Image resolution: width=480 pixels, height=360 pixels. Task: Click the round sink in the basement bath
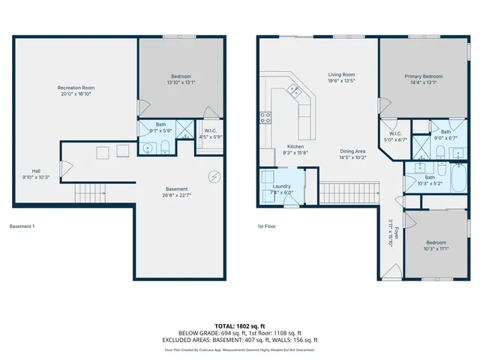[148, 148]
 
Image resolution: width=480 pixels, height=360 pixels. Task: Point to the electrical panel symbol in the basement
[215, 177]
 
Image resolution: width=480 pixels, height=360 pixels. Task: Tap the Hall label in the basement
[36, 170]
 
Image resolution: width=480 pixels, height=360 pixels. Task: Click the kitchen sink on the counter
[295, 91]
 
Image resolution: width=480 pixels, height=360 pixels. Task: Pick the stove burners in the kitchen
[265, 116]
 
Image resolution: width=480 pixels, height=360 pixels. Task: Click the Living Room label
[341, 74]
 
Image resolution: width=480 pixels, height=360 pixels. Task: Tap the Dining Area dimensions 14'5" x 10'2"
[352, 157]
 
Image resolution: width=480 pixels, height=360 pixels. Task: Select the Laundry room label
[281, 185]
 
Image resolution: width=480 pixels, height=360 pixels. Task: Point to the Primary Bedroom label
[423, 76]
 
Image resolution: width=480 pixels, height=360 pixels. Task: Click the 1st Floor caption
[268, 226]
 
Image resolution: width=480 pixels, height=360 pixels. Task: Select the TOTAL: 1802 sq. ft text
[239, 326]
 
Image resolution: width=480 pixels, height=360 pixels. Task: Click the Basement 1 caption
[22, 226]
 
